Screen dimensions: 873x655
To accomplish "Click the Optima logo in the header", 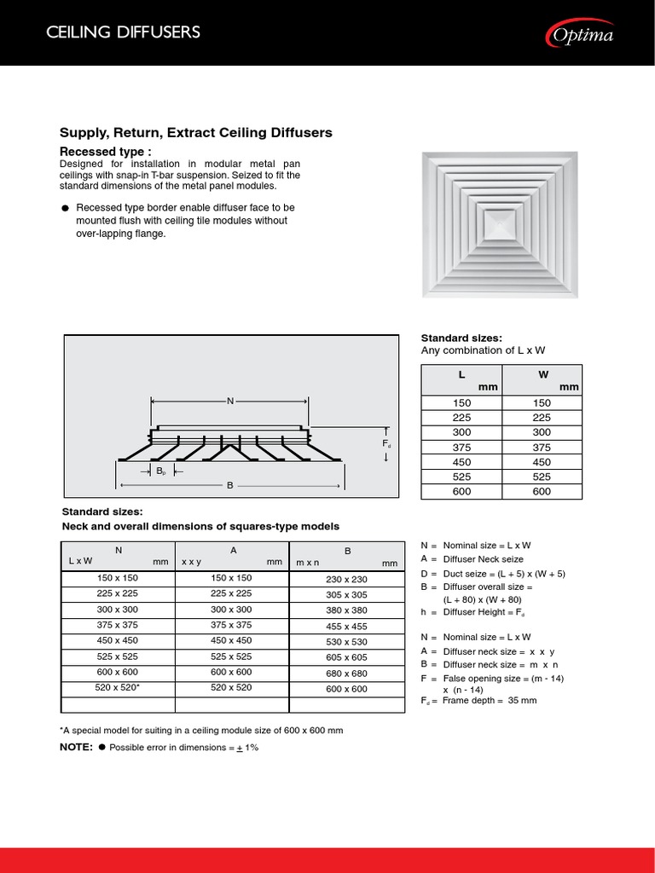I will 580,34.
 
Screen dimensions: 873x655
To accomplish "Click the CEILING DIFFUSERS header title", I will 123,33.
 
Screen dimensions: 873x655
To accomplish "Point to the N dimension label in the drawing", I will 229,401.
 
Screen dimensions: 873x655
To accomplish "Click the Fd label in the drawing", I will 386,444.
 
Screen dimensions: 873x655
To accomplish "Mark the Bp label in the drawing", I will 161,471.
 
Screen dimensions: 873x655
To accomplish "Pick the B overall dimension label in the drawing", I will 230,485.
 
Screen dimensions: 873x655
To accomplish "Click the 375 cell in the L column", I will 461,448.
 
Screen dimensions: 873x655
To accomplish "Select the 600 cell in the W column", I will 542,492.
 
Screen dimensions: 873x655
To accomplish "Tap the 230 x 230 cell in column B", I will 346,579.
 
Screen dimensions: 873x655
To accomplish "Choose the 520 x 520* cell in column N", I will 119,688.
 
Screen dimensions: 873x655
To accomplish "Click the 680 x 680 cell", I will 346,673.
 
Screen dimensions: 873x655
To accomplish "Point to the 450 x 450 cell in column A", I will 231,641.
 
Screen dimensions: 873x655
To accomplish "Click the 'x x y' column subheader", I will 194,563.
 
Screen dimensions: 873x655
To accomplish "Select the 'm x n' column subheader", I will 308,564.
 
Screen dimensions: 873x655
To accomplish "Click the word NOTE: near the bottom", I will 76,747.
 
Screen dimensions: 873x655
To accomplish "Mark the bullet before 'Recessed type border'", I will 66,209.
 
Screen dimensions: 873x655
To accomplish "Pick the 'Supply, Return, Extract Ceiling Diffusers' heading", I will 195,133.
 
